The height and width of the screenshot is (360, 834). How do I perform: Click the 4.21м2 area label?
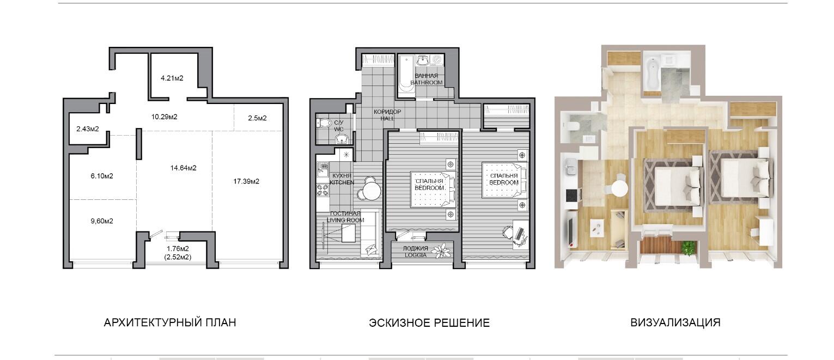click(172, 78)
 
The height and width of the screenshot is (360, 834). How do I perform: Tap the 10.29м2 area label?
click(164, 117)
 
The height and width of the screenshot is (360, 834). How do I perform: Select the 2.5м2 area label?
click(257, 118)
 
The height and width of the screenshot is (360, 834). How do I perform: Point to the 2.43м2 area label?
click(88, 129)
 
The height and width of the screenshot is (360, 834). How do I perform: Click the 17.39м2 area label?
click(246, 181)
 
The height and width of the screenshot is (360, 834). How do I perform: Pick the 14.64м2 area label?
click(184, 168)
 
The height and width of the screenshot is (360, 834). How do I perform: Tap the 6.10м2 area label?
click(102, 176)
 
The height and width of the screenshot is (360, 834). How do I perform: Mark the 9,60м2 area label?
click(102, 221)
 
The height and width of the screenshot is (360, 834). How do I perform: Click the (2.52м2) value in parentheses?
click(178, 257)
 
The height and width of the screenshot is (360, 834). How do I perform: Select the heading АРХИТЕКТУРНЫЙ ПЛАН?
click(170, 322)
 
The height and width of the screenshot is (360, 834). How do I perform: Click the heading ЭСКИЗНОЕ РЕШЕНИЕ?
click(429, 322)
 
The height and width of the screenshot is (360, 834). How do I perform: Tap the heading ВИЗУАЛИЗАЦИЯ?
click(675, 322)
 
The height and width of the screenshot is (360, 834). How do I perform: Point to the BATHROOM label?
click(427, 83)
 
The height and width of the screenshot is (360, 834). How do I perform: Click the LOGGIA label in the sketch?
click(415, 255)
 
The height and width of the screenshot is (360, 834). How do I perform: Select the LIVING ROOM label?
click(345, 220)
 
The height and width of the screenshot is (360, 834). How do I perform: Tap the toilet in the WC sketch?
click(324, 123)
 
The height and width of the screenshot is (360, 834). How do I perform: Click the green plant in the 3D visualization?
click(689, 247)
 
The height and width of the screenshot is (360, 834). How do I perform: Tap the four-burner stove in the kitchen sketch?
click(322, 190)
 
